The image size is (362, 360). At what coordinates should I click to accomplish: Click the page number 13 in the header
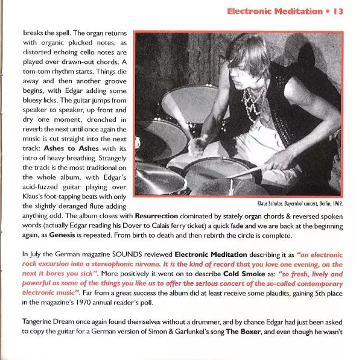(337, 11)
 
